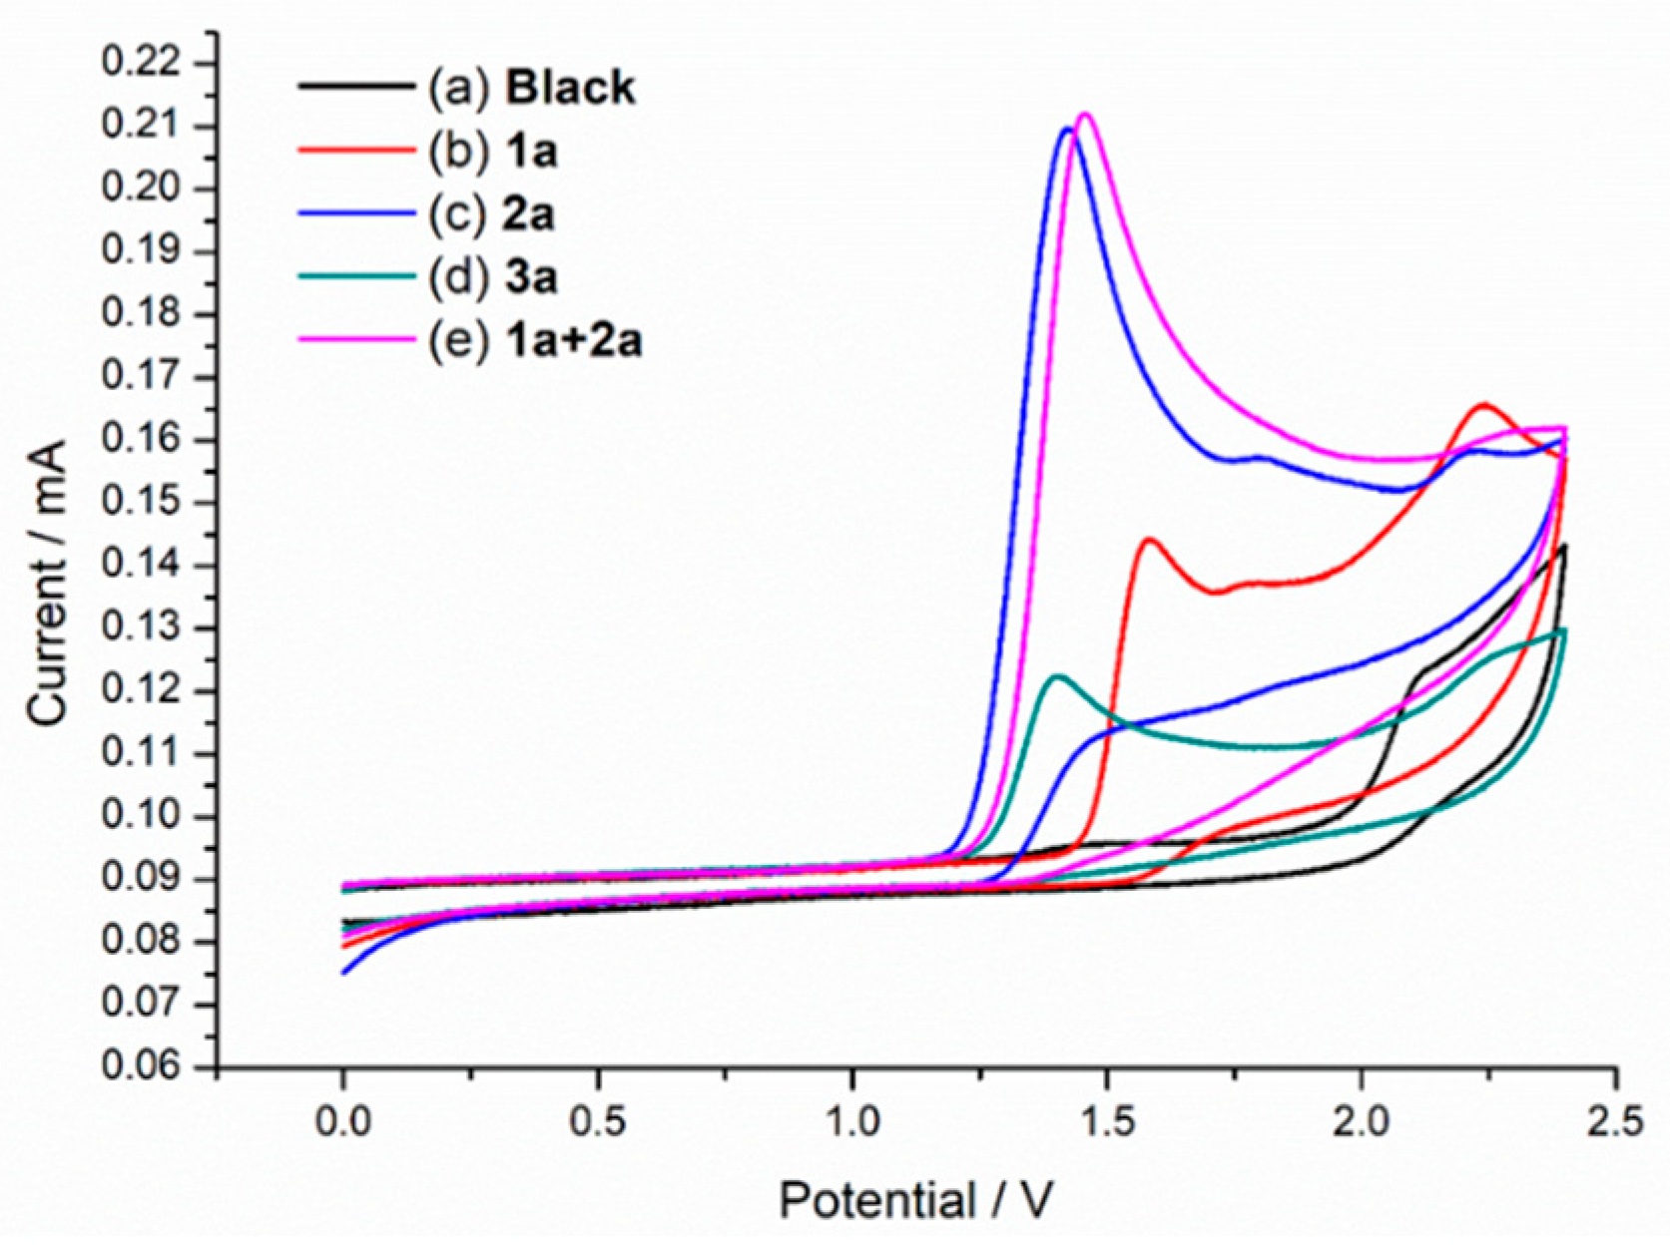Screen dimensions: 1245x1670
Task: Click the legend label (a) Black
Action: click(x=532, y=88)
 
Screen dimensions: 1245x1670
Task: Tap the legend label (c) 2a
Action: click(x=491, y=214)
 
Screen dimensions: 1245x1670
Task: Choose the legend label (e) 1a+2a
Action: click(x=535, y=341)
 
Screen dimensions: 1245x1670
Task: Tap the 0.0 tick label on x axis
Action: click(x=343, y=1121)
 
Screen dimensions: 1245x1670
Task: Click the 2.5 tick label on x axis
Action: click(x=1615, y=1121)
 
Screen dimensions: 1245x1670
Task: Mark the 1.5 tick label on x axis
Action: click(x=1107, y=1121)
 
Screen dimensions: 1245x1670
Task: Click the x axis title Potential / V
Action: click(x=915, y=1200)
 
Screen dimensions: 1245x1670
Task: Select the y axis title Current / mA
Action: click(x=48, y=584)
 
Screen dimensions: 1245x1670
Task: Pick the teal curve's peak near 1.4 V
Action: click(x=1057, y=676)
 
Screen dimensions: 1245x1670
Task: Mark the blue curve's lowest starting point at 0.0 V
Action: click(x=344, y=973)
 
